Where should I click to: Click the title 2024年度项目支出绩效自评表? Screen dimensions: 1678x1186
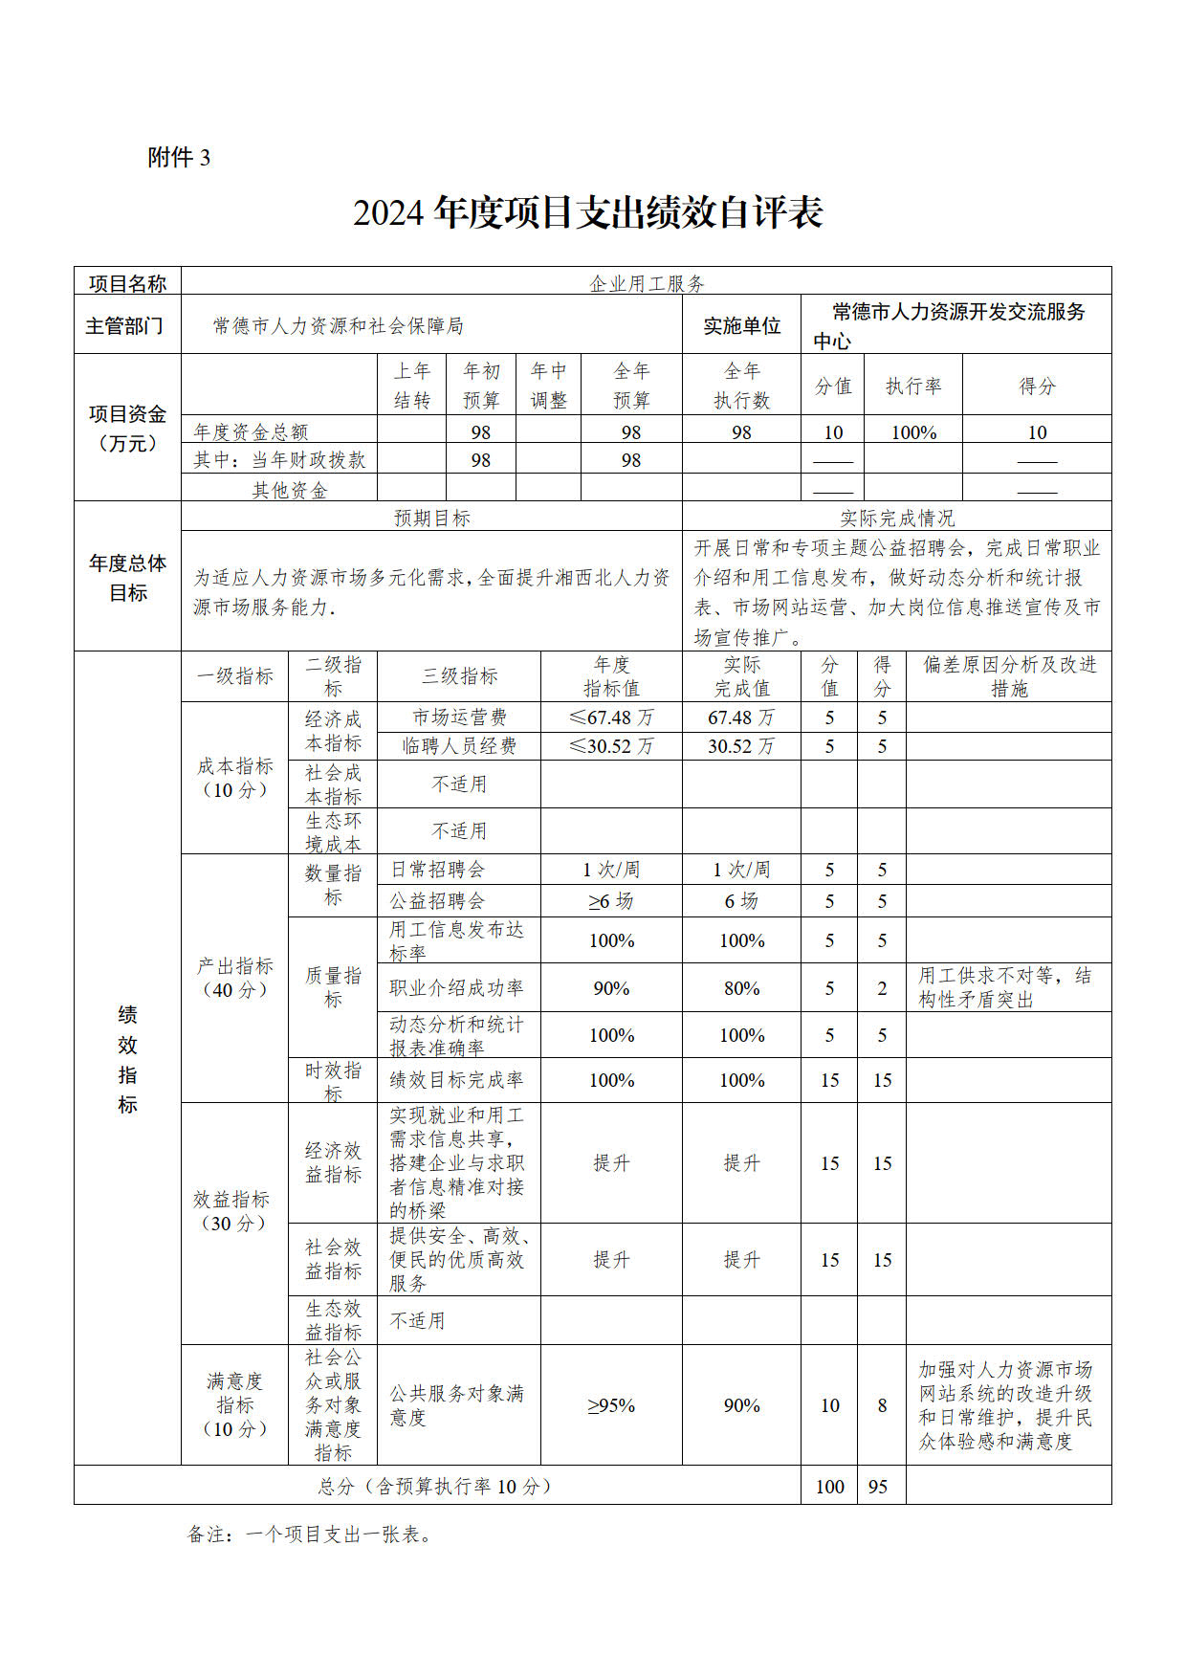[x=587, y=212]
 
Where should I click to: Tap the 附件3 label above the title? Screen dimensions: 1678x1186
[x=179, y=158]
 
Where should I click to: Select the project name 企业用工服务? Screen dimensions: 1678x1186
[x=647, y=283]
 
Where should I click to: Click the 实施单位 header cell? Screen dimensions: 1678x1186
[x=741, y=326]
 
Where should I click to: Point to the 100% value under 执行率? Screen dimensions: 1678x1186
[x=913, y=432]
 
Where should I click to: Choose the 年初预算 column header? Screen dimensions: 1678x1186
[x=481, y=386]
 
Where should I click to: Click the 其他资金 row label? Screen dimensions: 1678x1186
[x=289, y=491]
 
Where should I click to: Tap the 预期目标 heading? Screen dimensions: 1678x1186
[x=432, y=519]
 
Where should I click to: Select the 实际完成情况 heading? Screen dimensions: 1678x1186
[x=896, y=519]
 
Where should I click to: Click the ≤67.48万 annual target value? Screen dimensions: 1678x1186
[x=611, y=718]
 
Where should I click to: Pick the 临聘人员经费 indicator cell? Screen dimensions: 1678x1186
[x=459, y=746]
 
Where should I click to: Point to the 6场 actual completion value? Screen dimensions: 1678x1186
[x=741, y=901]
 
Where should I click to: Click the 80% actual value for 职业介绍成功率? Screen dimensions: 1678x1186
[x=741, y=988]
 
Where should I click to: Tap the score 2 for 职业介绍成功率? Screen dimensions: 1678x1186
[x=882, y=988]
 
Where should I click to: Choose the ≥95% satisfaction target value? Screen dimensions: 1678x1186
[x=611, y=1405]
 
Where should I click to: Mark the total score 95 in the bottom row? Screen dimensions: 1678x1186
[x=878, y=1487]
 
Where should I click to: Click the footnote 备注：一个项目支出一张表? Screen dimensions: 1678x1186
[x=311, y=1534]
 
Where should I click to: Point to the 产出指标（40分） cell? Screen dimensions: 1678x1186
[x=234, y=978]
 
